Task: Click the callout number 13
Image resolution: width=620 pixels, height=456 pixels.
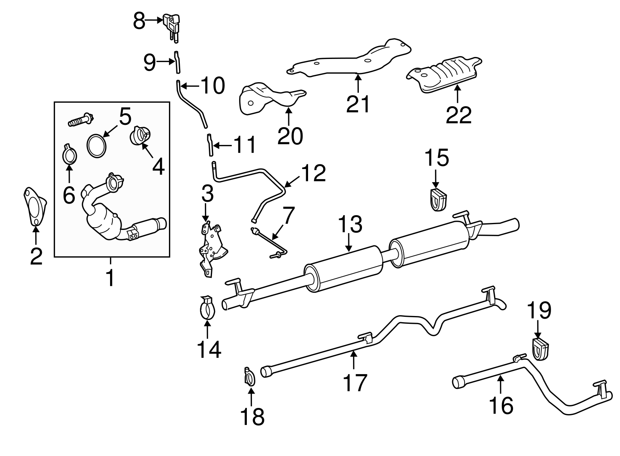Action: tap(350, 225)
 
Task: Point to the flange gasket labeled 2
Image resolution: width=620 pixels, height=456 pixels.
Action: tap(35, 205)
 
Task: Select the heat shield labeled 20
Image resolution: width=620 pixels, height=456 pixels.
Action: tap(267, 99)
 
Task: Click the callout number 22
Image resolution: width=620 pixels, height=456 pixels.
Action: tap(458, 115)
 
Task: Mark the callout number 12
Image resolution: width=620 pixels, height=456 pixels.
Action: tap(313, 173)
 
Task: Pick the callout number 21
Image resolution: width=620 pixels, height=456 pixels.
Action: tap(358, 104)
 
